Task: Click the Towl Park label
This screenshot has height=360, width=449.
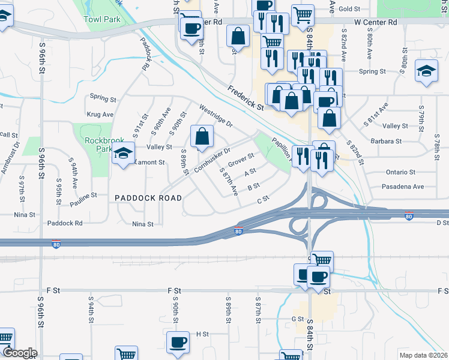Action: click(x=102, y=19)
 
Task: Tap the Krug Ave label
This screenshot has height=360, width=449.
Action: click(x=100, y=114)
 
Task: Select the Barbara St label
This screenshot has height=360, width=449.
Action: click(x=386, y=141)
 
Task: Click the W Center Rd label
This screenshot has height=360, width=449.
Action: click(x=376, y=22)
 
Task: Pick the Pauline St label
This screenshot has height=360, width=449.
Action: click(x=83, y=196)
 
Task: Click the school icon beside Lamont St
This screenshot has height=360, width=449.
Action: click(x=124, y=155)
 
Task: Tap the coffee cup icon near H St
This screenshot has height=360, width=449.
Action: click(x=178, y=343)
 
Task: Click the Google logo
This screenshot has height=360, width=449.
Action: click(x=19, y=353)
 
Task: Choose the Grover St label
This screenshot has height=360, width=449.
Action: click(x=241, y=161)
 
